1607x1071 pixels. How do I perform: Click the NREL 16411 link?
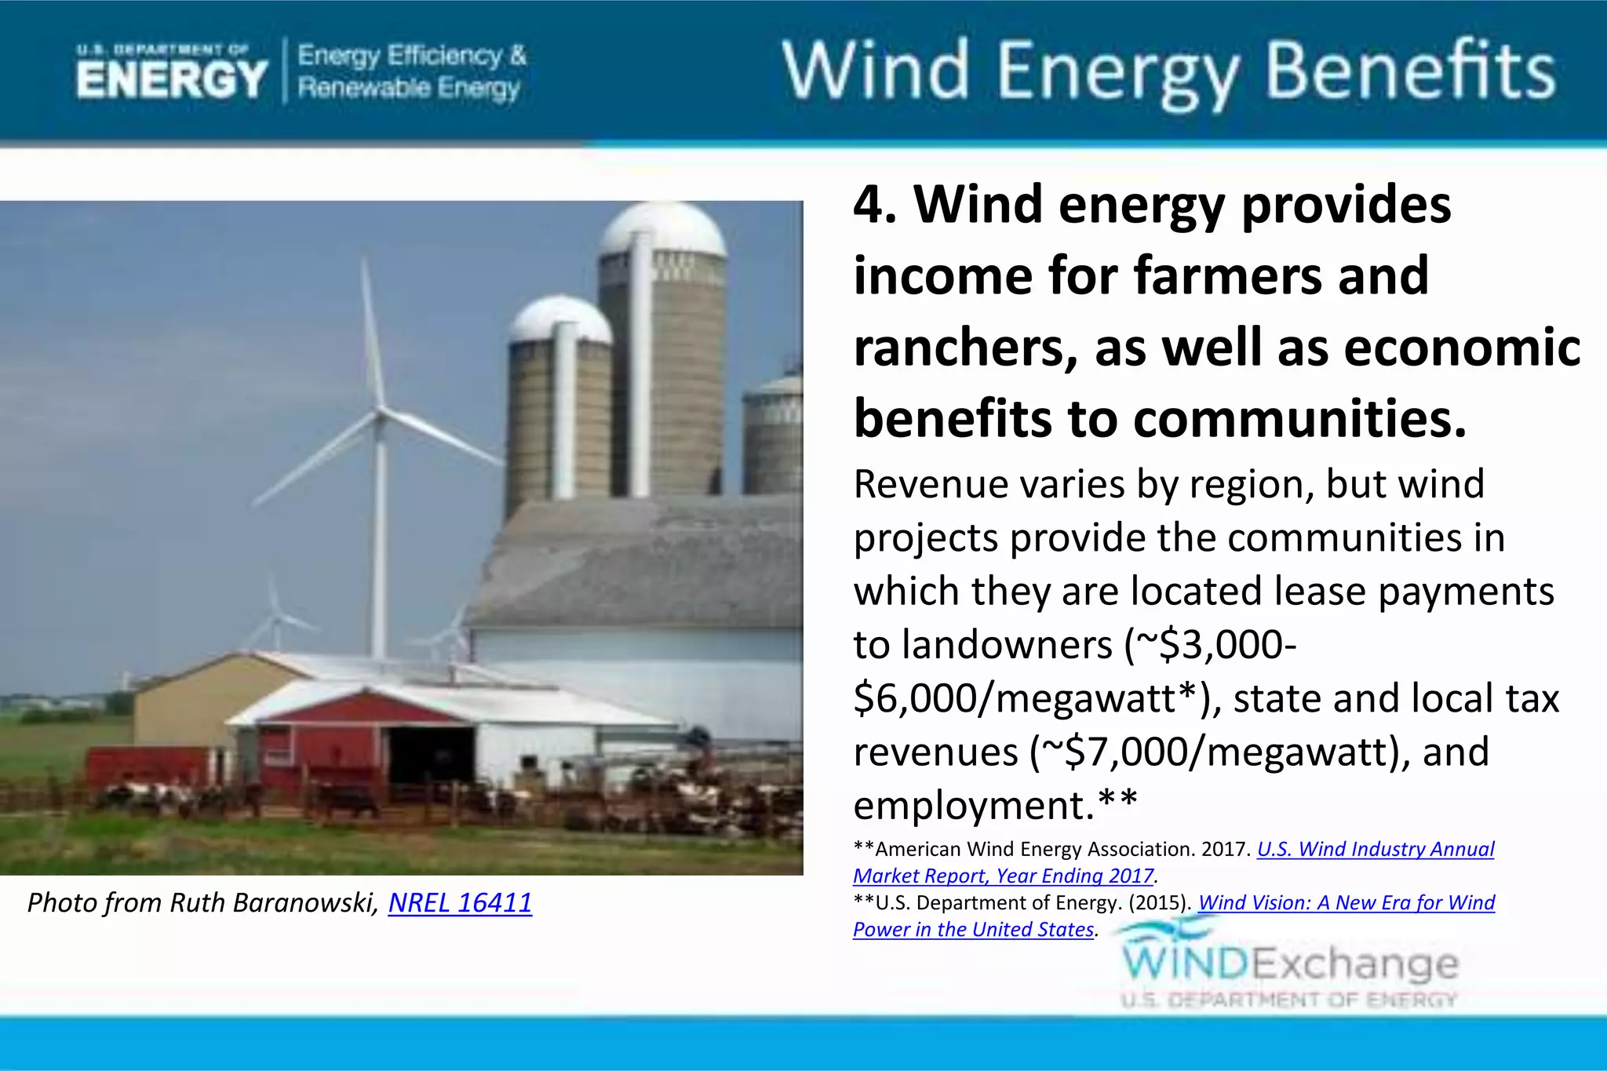click(x=460, y=902)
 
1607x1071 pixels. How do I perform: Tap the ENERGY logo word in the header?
click(x=172, y=79)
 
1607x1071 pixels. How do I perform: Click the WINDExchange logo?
click(x=1289, y=964)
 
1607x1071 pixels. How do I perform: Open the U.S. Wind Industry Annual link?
click(x=1375, y=849)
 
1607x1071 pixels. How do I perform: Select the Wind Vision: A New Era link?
click(x=1346, y=902)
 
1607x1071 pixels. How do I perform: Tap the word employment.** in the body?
click(x=994, y=805)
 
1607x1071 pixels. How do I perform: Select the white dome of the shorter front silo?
click(x=559, y=318)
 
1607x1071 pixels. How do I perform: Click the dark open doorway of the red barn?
click(x=430, y=754)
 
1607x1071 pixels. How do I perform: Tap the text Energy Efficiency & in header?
click(x=411, y=56)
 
